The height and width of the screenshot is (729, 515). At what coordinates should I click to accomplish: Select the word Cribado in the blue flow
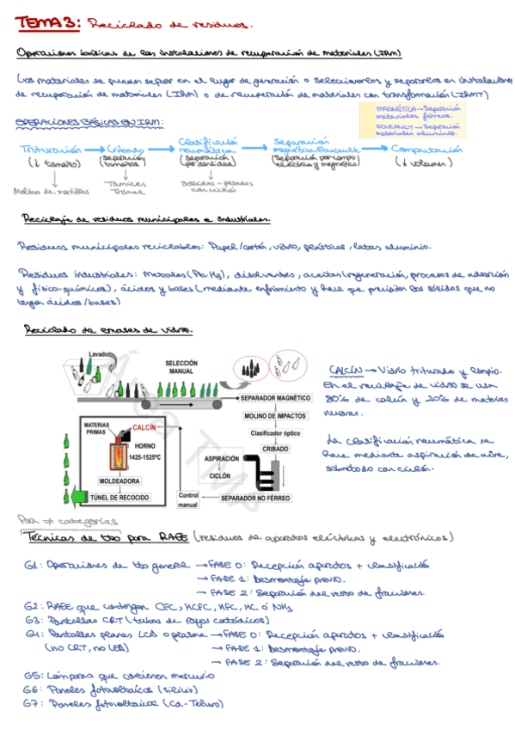point(126,150)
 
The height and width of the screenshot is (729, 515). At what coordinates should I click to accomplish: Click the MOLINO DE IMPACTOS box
point(275,417)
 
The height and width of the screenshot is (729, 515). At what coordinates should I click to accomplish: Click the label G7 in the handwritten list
point(32,703)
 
